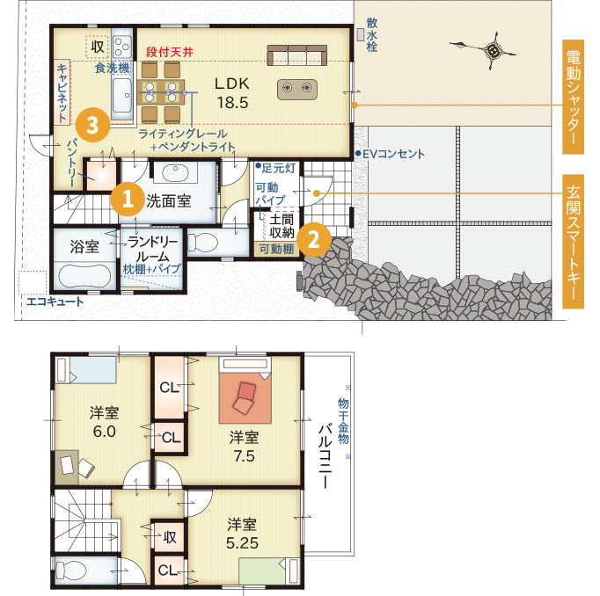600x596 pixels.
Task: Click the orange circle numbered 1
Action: (128, 199)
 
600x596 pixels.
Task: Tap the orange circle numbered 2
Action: (314, 240)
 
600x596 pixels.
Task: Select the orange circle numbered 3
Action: (93, 125)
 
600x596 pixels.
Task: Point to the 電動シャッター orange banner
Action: (573, 97)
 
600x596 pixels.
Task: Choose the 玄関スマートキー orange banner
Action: (573, 241)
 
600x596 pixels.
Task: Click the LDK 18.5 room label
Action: (232, 93)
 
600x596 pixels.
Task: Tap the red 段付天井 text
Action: (170, 53)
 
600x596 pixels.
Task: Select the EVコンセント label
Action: (391, 154)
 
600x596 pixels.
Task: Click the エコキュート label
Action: (55, 302)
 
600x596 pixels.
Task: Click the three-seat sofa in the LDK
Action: (297, 55)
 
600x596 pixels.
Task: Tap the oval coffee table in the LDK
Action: (297, 89)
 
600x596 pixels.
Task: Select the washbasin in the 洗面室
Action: (175, 173)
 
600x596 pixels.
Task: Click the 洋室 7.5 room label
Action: (244, 447)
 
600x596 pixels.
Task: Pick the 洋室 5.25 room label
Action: (242, 534)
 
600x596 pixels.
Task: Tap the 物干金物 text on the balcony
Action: (343, 420)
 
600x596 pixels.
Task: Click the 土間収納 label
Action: (282, 226)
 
